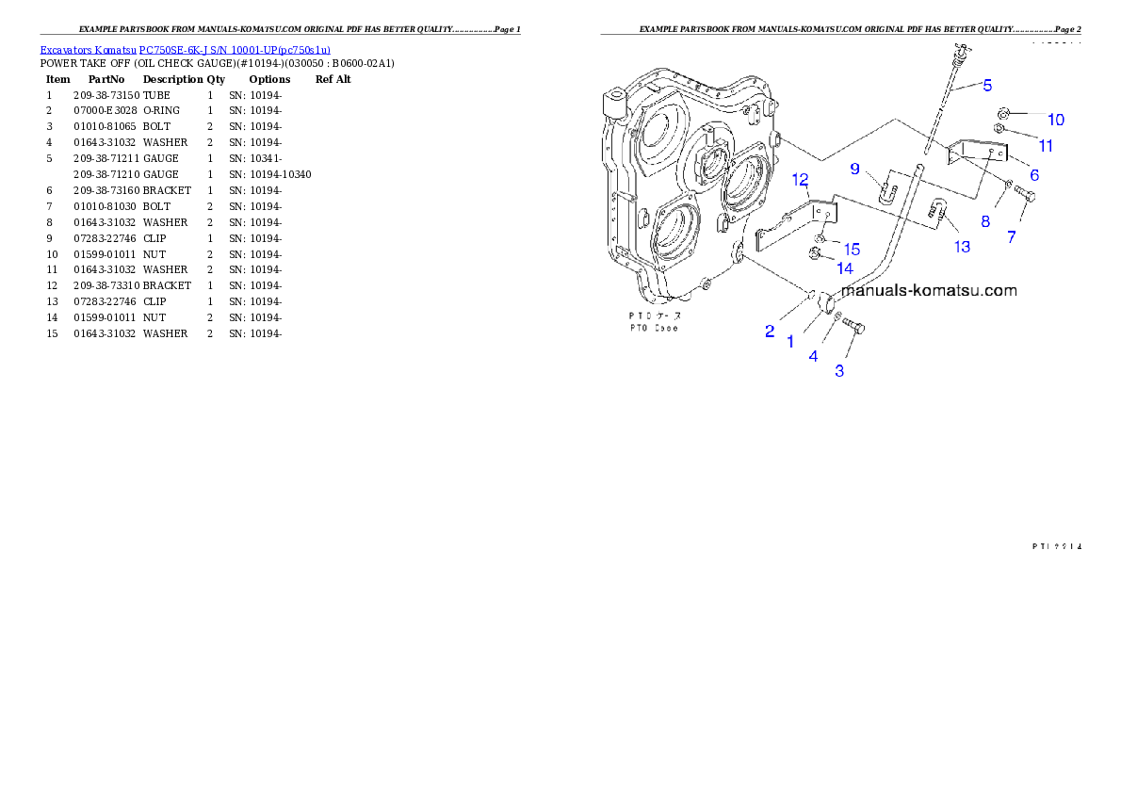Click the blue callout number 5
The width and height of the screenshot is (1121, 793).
[987, 86]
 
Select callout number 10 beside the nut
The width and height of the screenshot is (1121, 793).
[1056, 120]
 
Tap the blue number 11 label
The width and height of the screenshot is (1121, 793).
[1046, 146]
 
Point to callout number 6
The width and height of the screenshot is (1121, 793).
[1033, 175]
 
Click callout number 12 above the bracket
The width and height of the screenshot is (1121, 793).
[800, 179]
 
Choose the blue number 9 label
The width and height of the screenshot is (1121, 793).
[855, 169]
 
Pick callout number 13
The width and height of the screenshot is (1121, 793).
[962, 247]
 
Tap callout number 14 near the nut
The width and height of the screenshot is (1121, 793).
[845, 268]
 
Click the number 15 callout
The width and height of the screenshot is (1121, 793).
[852, 250]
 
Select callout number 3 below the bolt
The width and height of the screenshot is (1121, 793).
[839, 371]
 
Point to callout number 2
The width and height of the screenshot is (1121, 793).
[770, 332]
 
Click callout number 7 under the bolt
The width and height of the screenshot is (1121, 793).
[1012, 237]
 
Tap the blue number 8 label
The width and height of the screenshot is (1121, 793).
[985, 222]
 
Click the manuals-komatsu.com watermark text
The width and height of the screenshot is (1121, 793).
[929, 291]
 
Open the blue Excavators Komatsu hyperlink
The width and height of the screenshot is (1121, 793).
[185, 50]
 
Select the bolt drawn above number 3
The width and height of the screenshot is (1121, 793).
[853, 327]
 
